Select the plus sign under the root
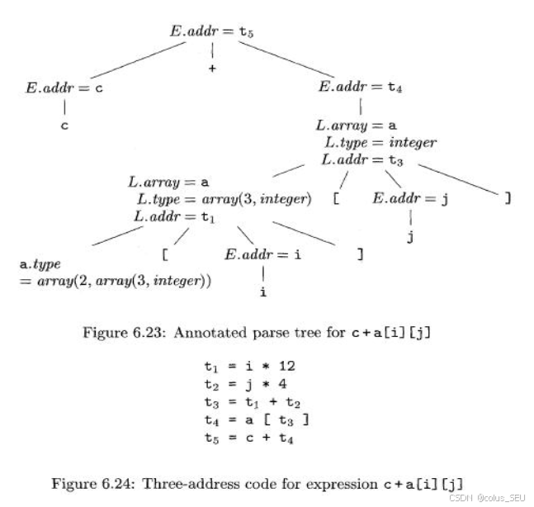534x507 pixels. click(212, 69)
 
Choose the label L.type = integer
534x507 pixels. click(380, 142)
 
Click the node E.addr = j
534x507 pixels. click(410, 199)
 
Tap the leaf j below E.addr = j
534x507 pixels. click(410, 239)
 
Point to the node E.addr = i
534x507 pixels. click(263, 254)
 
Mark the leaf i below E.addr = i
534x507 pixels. click(263, 292)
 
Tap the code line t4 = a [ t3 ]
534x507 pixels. click(258, 420)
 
